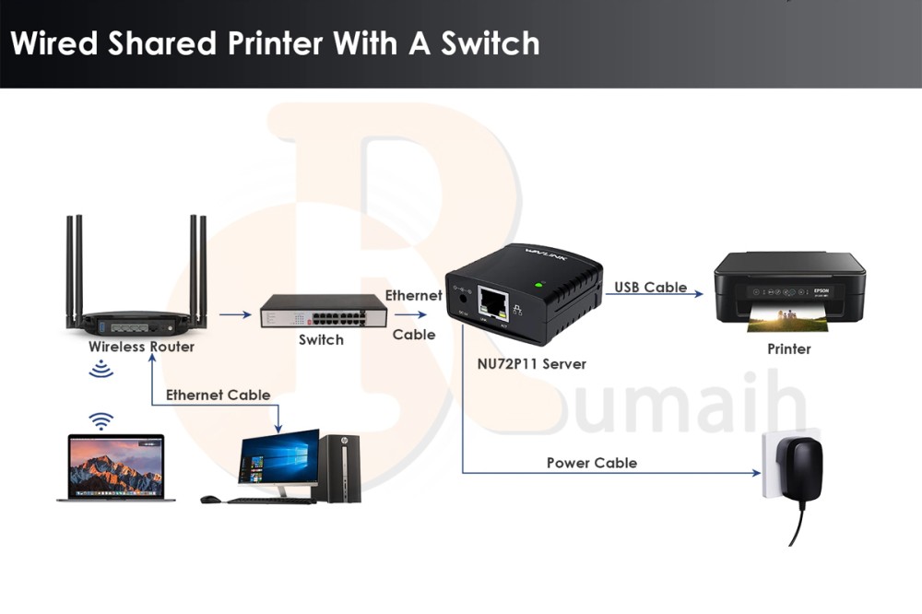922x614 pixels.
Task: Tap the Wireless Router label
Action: (x=141, y=347)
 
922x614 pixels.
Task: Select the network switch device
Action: (x=323, y=312)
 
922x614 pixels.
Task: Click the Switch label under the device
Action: (x=321, y=339)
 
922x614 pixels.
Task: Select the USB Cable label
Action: (x=651, y=287)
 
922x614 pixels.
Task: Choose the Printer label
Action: (x=789, y=349)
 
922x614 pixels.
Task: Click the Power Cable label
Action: (x=591, y=462)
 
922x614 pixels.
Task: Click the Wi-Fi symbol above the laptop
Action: (x=100, y=421)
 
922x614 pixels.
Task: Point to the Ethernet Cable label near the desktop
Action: (x=218, y=395)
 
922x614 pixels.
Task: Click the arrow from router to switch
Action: (x=235, y=314)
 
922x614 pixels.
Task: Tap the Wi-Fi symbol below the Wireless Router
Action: (x=100, y=369)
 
